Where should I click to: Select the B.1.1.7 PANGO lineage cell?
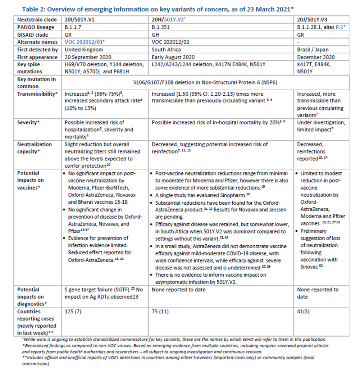click(x=73, y=27)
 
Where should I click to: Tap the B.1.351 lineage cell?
click(x=161, y=27)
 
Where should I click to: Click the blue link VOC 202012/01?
click(x=84, y=42)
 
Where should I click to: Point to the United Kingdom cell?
click(x=84, y=50)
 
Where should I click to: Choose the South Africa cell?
click(x=167, y=50)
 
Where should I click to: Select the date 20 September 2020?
click(x=88, y=57)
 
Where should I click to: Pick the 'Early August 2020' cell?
click(x=173, y=57)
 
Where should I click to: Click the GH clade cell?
click(x=156, y=35)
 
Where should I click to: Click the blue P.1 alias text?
click(x=340, y=27)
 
